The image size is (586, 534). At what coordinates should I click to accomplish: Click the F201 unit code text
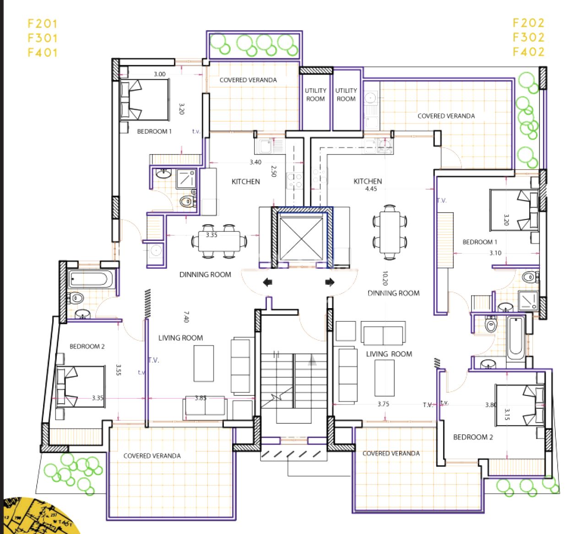pos(43,24)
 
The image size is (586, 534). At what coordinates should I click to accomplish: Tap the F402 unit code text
pos(528,52)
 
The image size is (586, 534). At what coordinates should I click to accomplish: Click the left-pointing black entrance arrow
pos(268,283)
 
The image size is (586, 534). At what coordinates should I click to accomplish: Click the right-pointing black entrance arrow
pos(330,283)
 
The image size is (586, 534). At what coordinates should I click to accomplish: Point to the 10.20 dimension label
pos(385,278)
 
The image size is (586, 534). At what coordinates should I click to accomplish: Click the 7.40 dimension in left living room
pos(186,316)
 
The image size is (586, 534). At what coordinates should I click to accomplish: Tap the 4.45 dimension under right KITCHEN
pos(371,189)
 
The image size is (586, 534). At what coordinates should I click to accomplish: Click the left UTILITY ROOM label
pos(315,95)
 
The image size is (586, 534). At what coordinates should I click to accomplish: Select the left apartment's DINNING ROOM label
pos(205,275)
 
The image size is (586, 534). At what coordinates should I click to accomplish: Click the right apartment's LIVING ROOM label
pos(389,354)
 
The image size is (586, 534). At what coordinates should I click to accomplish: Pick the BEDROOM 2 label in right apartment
pos(473,437)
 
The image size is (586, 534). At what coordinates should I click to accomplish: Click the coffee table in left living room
pos(203,363)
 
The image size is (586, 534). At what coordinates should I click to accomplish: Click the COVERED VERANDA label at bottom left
pos(152,456)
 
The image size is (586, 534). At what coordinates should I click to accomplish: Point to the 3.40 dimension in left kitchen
pos(255,162)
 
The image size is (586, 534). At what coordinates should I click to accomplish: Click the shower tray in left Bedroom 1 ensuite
pos(186,179)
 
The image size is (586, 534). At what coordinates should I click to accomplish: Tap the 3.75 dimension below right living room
pos(383,404)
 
